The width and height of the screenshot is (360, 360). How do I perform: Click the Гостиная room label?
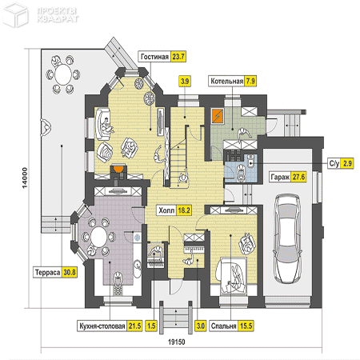(154, 57)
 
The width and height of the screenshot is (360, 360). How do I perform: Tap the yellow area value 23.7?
(178, 57)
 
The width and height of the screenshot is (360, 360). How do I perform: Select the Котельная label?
(226, 81)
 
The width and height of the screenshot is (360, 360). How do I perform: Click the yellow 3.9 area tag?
(185, 81)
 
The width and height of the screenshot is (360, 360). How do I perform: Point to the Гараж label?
(280, 177)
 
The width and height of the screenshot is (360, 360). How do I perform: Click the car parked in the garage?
(288, 238)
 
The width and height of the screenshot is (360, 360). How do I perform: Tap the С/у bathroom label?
(334, 163)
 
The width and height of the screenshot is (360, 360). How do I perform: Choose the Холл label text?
(166, 210)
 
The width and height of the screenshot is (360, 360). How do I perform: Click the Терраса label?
(47, 272)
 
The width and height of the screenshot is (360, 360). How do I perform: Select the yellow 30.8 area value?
(70, 272)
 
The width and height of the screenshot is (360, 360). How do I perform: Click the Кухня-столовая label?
(102, 326)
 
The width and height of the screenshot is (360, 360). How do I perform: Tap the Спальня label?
(223, 326)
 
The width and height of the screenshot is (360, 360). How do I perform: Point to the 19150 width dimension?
(176, 342)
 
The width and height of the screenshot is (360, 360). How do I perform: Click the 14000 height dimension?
(25, 178)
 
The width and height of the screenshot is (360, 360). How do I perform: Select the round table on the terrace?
(63, 74)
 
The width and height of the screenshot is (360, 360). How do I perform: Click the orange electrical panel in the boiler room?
(218, 116)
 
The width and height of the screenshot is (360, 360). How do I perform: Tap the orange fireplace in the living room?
(118, 169)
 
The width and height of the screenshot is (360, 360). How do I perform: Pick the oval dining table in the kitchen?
(99, 237)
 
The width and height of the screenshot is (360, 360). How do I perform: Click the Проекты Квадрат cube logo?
(15, 14)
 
